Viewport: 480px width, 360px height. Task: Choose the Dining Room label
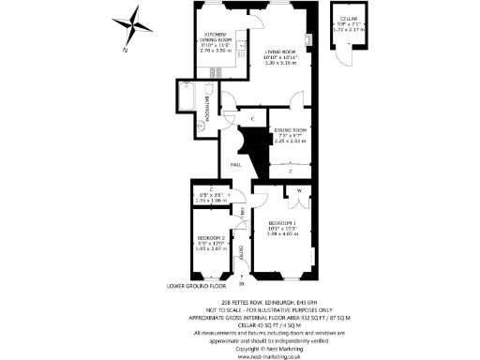pyautogui.click(x=291, y=135)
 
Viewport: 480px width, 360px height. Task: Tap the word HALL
pyautogui.click(x=236, y=164)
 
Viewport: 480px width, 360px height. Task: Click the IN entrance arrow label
pyautogui.click(x=241, y=282)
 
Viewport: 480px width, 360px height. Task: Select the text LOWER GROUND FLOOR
pyautogui.click(x=197, y=285)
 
